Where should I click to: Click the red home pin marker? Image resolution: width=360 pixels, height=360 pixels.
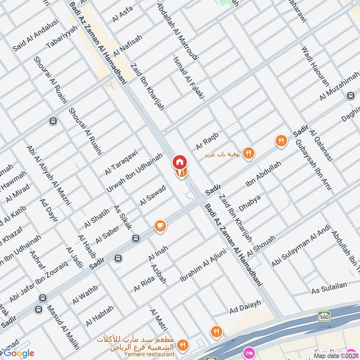(179, 162)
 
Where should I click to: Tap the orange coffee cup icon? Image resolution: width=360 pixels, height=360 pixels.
(160, 226)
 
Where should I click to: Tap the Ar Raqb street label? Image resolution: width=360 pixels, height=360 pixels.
(207, 141)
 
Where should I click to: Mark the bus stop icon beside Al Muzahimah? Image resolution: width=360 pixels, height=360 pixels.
(351, 96)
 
